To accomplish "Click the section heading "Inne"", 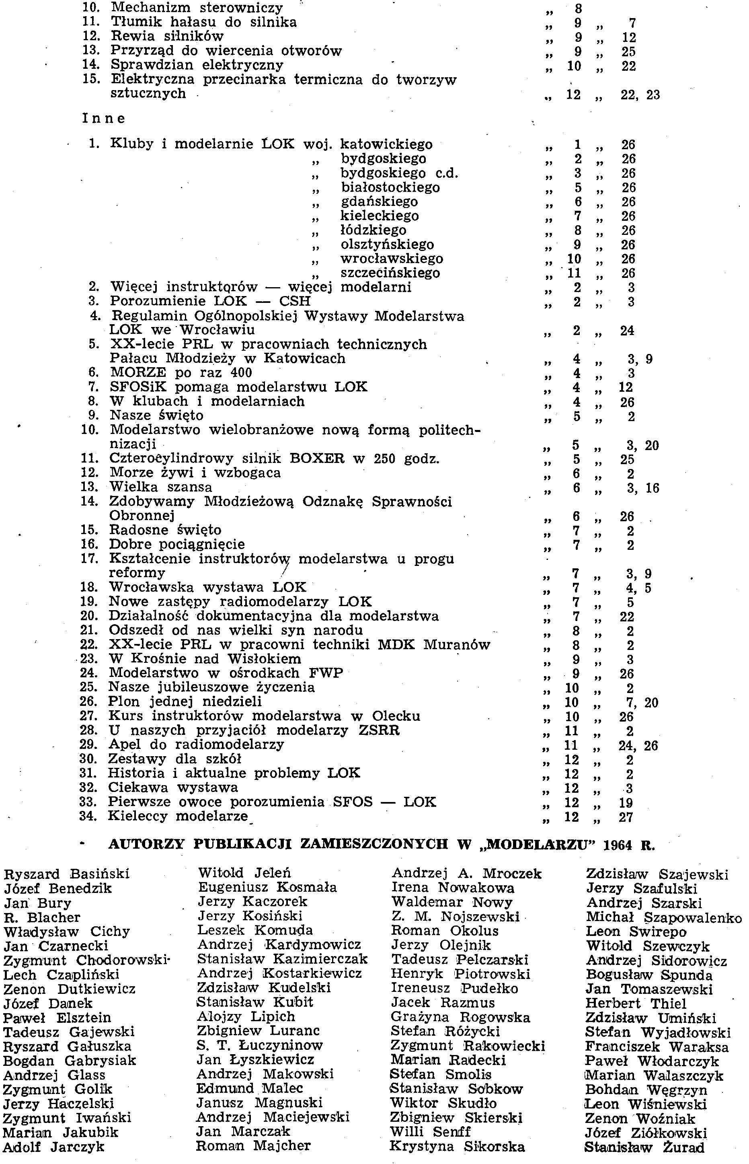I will pyautogui.click(x=104, y=118).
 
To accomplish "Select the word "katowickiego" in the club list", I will pyautogui.click(x=386, y=144).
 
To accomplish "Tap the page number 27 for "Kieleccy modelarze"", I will pyautogui.click(x=626, y=817).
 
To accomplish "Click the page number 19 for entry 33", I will pyautogui.click(x=626, y=802).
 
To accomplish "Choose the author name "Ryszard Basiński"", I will pyautogui.click(x=67, y=874).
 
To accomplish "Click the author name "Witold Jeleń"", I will pyautogui.click(x=244, y=873).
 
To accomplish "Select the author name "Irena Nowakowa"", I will pyautogui.click(x=453, y=888).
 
